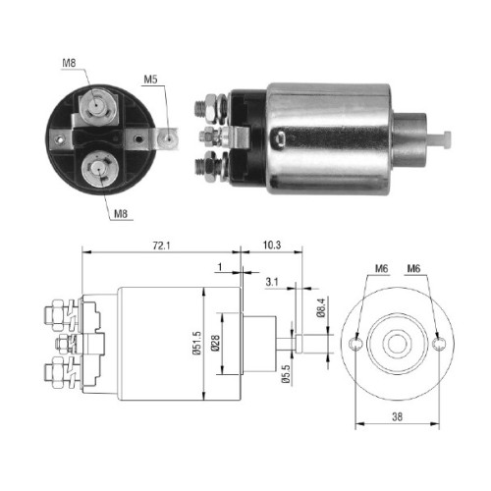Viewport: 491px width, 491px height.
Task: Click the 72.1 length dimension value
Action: (161, 245)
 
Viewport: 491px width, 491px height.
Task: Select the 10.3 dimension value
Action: (272, 245)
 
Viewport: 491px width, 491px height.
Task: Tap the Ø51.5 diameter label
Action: (196, 343)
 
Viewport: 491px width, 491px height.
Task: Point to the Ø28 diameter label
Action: (215, 343)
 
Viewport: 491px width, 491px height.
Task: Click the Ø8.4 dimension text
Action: (321, 307)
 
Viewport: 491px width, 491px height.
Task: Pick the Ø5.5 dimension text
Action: (286, 373)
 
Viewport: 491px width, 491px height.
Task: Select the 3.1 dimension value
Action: (272, 282)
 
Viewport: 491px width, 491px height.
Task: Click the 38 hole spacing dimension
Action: (397, 416)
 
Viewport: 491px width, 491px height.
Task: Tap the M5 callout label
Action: (150, 80)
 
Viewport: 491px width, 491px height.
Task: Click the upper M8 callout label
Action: (69, 63)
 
